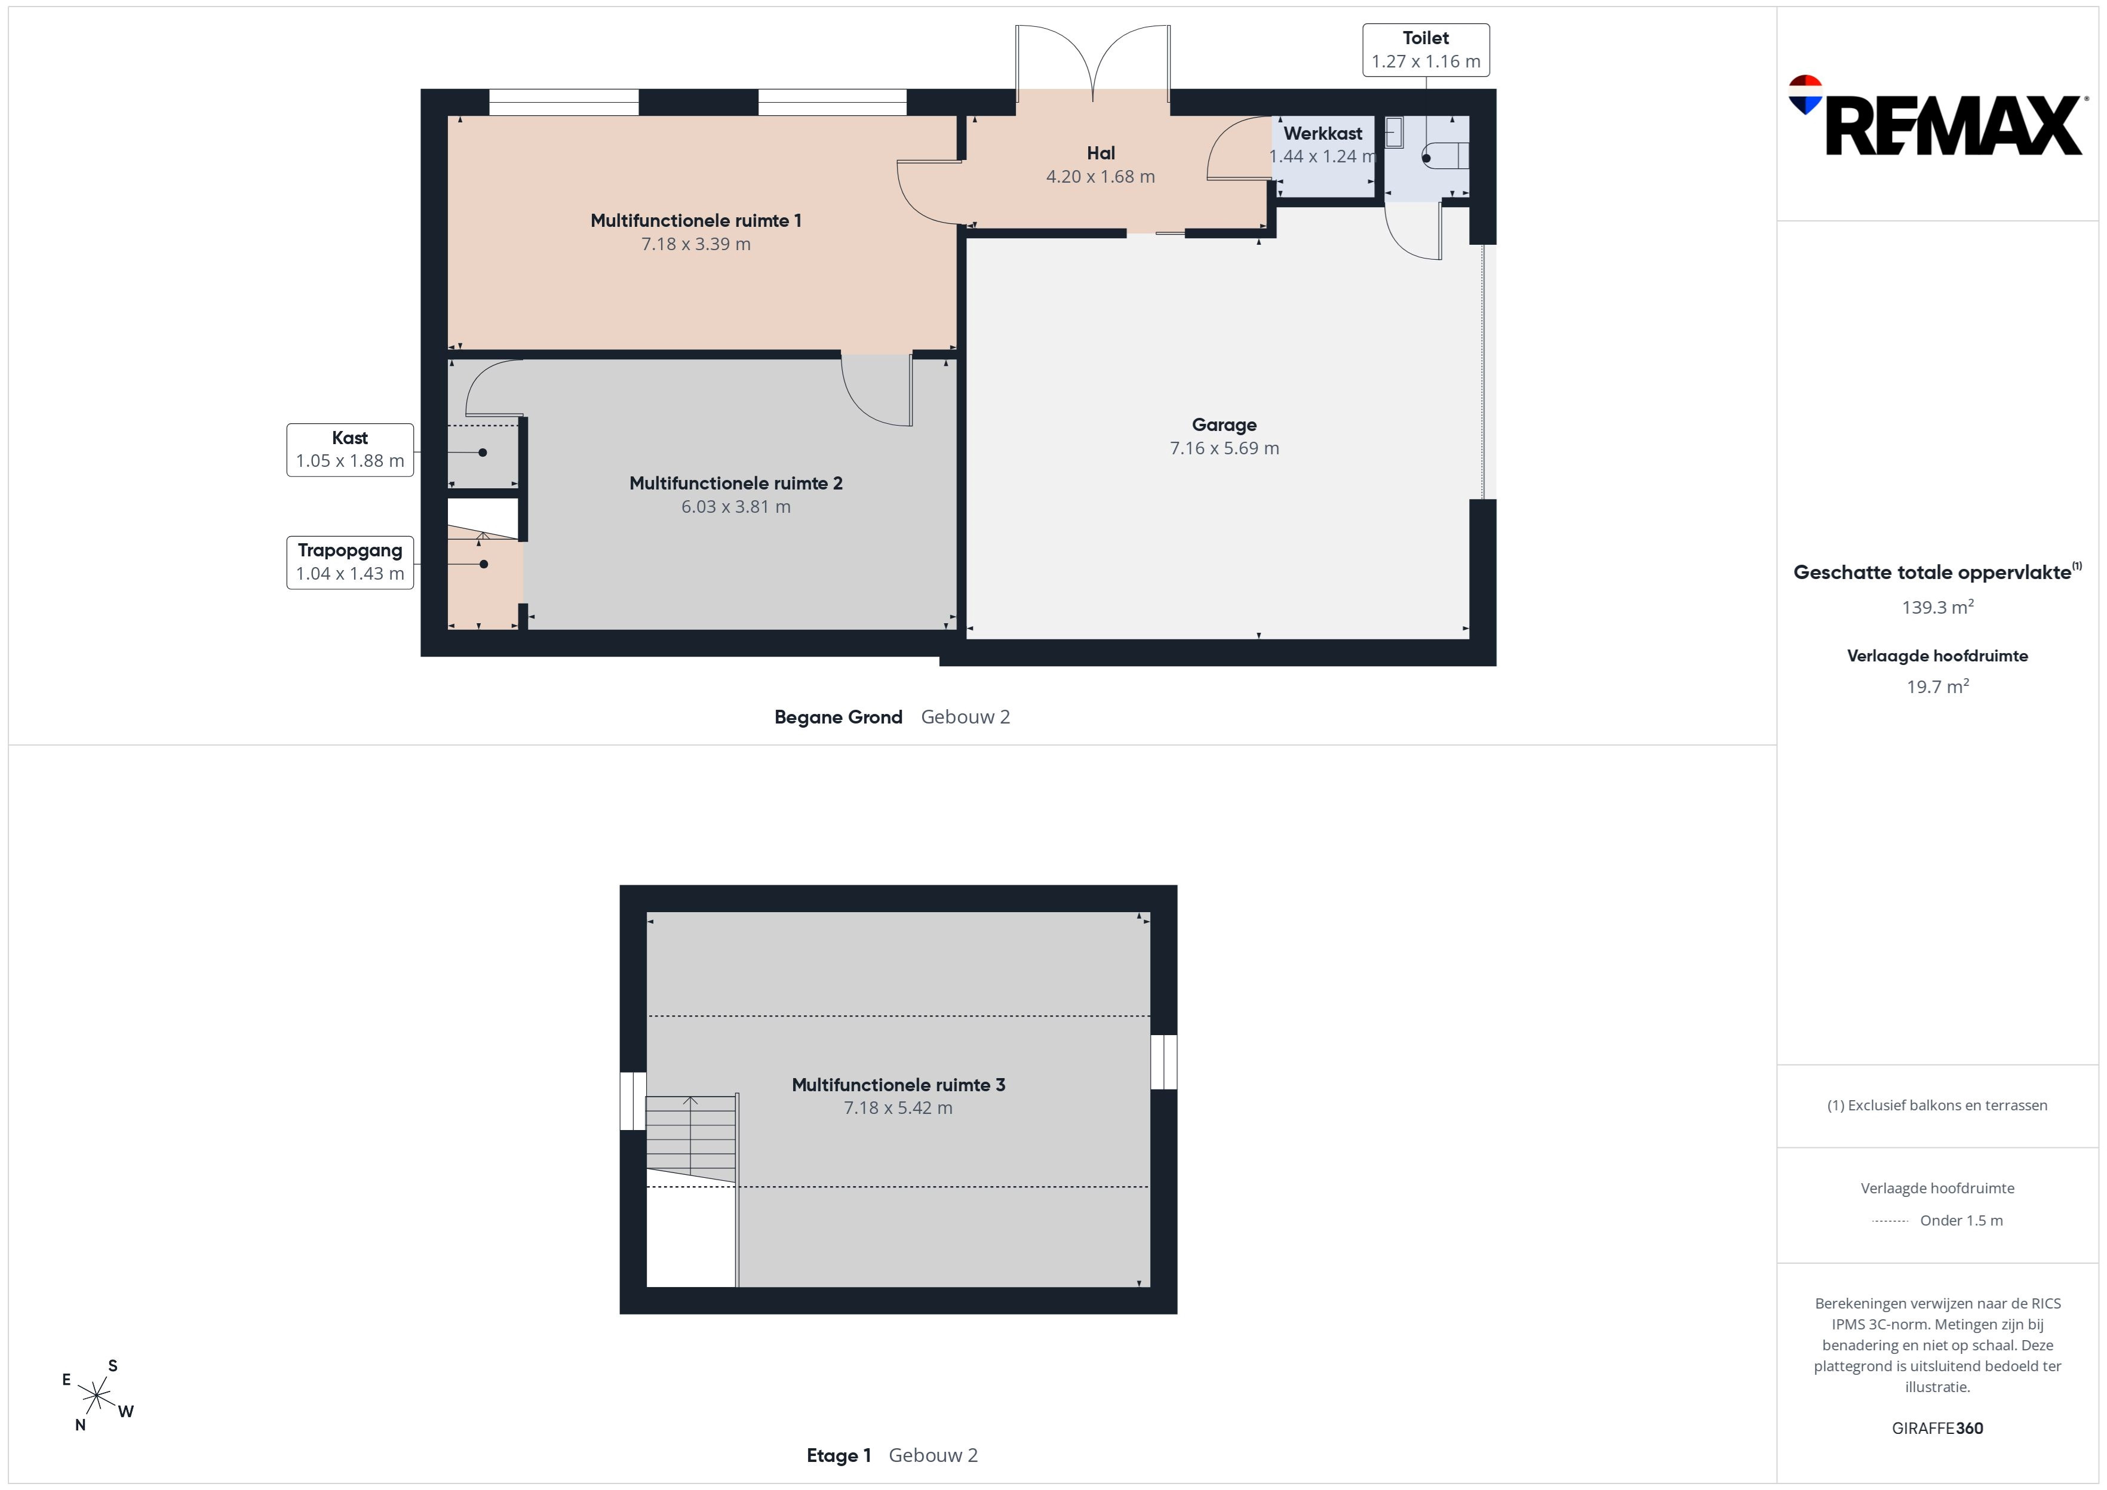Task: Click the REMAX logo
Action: [1936, 116]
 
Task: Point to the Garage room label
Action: [1224, 425]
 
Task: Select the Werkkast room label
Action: [1322, 134]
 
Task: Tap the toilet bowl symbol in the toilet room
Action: [1445, 157]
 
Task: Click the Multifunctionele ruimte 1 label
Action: [696, 220]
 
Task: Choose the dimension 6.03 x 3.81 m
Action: [735, 506]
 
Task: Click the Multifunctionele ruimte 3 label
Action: [898, 1085]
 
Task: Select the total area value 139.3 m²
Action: [1937, 607]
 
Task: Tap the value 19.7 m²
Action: [1937, 686]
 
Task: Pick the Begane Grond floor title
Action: [838, 718]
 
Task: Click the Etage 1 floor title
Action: [838, 1455]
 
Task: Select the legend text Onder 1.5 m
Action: [1961, 1220]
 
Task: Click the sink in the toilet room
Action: [1394, 133]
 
